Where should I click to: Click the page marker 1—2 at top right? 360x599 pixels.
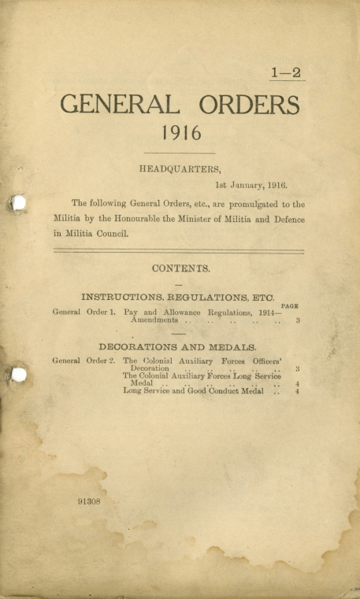tap(286, 72)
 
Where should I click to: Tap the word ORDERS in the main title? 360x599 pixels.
tap(249, 105)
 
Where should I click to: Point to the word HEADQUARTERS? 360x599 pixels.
tap(180, 168)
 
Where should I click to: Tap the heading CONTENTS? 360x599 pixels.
tap(180, 268)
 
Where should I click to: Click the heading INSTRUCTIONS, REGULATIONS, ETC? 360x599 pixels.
tap(178, 297)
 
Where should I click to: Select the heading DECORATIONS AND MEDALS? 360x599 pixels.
tap(179, 346)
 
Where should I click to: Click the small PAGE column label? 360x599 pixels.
tap(289, 305)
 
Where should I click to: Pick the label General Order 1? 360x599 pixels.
tap(84, 312)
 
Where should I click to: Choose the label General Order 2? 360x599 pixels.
tap(84, 361)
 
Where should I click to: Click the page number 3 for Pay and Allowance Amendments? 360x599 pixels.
tap(298, 321)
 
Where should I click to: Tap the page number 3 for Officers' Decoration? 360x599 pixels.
tap(296, 368)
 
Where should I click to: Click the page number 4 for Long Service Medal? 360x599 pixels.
tap(297, 384)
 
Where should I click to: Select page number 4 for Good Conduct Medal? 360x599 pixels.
tap(297, 391)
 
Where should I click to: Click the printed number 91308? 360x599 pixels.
tap(90, 501)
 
